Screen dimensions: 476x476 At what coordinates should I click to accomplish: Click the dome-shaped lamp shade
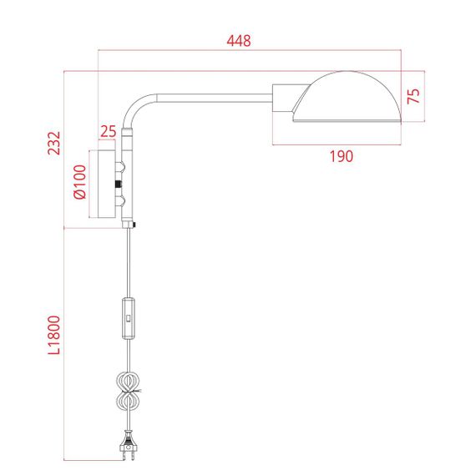tap(351, 96)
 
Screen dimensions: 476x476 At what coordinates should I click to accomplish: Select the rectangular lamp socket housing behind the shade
tap(283, 97)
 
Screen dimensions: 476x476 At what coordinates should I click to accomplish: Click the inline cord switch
tap(128, 318)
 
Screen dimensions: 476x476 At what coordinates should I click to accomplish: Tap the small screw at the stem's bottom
tap(134, 224)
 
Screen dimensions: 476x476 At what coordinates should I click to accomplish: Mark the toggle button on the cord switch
tap(128, 318)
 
